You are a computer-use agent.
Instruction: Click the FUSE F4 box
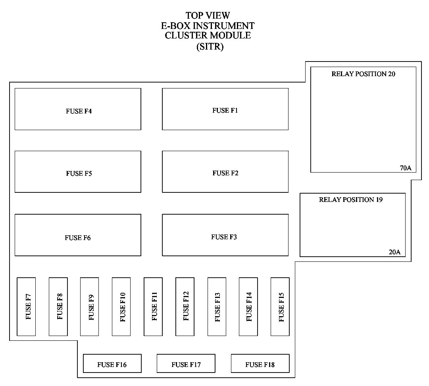coord(78,109)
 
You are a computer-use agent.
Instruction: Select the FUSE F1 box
coord(225,109)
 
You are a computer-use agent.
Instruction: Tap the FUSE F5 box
coord(78,172)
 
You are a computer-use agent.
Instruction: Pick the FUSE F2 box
coord(225,172)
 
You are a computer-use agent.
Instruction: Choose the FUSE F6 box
coord(78,235)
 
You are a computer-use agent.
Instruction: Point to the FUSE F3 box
coord(225,235)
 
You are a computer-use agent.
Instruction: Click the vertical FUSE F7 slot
coord(26,307)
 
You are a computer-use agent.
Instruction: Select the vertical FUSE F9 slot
coord(89,307)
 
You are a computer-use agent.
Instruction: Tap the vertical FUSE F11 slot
coord(153,307)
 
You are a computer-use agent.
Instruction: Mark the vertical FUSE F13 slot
coord(217,307)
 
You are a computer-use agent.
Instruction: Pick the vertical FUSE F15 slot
coord(280,307)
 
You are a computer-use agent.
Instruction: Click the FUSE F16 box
coord(112,363)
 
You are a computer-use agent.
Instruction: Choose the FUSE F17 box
coord(186,363)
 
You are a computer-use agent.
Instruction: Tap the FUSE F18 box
coord(260,363)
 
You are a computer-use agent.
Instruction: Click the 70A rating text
coord(406,168)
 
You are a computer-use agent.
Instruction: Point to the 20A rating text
coord(394,252)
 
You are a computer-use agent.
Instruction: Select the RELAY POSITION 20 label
coord(363,74)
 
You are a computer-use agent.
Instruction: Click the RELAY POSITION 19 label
coord(351,200)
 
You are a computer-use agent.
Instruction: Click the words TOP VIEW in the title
coord(208,16)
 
